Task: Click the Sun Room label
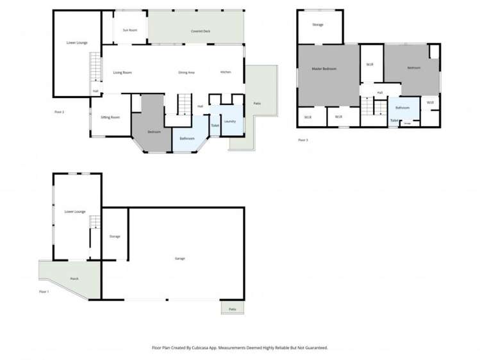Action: point(130,30)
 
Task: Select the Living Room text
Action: point(122,72)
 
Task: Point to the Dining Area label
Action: point(186,72)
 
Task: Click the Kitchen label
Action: point(226,72)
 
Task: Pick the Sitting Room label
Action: point(111,117)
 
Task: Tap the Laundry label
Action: point(230,121)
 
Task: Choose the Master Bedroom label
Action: point(324,69)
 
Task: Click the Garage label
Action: point(180,258)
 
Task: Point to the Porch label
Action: point(74,279)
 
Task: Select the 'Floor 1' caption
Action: point(44,291)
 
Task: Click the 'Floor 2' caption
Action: point(59,112)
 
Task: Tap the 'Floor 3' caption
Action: point(303,139)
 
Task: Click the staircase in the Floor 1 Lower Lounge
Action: point(94,224)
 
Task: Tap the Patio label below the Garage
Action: point(233,309)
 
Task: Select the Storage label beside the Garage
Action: point(115,236)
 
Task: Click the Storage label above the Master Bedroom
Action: point(318,24)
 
